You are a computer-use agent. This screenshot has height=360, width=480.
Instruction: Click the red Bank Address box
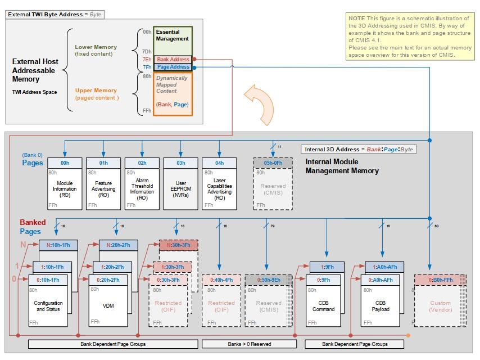tap(173, 59)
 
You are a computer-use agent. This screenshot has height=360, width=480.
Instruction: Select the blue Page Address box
tap(173, 67)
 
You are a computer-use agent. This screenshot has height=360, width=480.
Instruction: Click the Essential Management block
tap(173, 36)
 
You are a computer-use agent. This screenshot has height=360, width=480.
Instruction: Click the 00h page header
tap(65, 163)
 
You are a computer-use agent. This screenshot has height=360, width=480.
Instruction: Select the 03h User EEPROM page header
tap(181, 163)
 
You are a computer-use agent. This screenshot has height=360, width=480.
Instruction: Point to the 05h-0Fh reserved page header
tap(273, 163)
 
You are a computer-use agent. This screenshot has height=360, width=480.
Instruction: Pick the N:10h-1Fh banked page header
tap(58, 245)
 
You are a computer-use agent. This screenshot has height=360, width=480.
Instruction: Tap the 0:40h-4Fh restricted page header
tap(221, 280)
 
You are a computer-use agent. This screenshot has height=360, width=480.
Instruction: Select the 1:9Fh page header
tap(325, 267)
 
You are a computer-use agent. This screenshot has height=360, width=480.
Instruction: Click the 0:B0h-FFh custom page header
tap(440, 280)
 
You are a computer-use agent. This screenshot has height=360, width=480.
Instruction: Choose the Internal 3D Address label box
tap(359, 149)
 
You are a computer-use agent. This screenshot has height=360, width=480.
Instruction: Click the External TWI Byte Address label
tap(55, 14)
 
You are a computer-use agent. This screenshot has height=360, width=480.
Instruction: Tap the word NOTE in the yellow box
tap(356, 19)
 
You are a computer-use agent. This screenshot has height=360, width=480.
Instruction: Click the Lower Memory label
tap(96, 47)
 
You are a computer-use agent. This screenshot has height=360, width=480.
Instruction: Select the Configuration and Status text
tap(48, 306)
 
